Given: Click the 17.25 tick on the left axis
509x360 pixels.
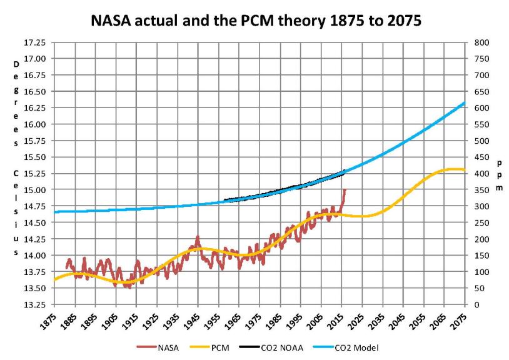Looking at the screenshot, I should pyautogui.click(x=34, y=42).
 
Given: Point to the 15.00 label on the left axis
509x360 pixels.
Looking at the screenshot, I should pyautogui.click(x=34, y=190).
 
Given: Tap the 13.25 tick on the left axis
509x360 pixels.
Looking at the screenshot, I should pyautogui.click(x=34, y=305).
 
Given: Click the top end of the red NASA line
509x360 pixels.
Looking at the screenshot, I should pyautogui.click(x=345, y=189).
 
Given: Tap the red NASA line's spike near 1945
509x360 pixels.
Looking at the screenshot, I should pyautogui.click(x=198, y=237).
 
